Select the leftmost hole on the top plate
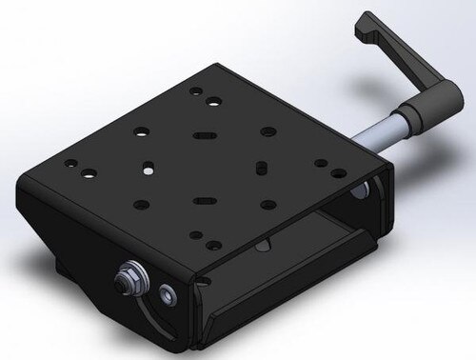[69, 163]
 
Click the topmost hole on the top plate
[195, 92]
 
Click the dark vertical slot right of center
[260, 169]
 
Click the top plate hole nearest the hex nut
[195, 234]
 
